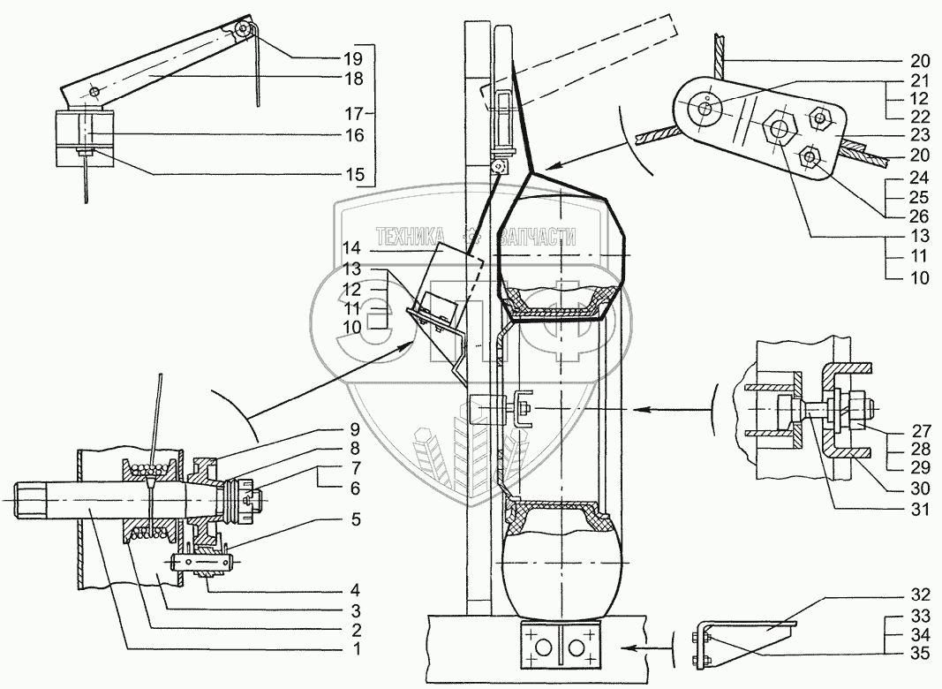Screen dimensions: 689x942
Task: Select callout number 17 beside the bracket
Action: click(354, 113)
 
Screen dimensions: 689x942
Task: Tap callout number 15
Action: click(354, 174)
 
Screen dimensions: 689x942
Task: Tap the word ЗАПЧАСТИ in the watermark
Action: click(537, 237)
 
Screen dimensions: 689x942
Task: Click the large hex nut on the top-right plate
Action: click(779, 127)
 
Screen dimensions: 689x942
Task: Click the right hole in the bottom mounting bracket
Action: click(577, 647)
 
